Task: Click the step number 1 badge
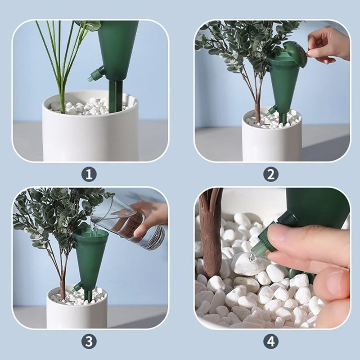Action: pyautogui.click(x=89, y=174)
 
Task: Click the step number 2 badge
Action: pyautogui.click(x=271, y=174)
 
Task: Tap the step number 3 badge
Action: pyautogui.click(x=89, y=342)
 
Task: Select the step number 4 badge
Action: pyautogui.click(x=271, y=342)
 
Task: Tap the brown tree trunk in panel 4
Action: pyautogui.click(x=211, y=232)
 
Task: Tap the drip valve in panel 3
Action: pyautogui.click(x=77, y=287)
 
